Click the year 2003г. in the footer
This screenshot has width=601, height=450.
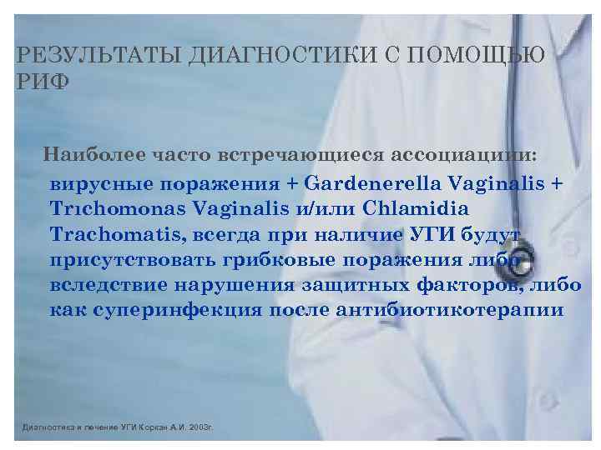(200, 427)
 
